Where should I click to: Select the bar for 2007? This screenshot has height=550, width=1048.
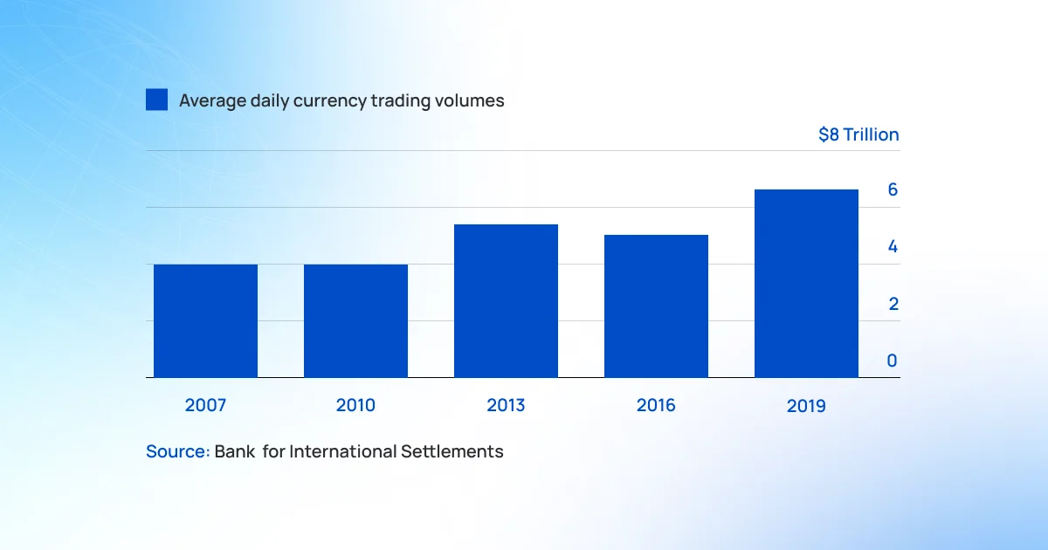[x=205, y=321]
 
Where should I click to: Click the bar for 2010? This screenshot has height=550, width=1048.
[x=355, y=321]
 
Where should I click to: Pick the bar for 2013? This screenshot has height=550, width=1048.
[x=506, y=300]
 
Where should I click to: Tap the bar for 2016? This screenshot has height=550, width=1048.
[x=656, y=306]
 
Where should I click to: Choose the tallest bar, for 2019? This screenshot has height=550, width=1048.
[x=806, y=284]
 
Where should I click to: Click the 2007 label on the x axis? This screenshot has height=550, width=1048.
[x=205, y=405]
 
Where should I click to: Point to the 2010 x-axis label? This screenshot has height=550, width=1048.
[x=355, y=405]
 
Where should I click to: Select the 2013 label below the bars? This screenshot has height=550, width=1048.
[x=506, y=405]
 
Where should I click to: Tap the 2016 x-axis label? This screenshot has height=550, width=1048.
[x=656, y=405]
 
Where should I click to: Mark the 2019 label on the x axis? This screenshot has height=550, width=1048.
[x=806, y=405]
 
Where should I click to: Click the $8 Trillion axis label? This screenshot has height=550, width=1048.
[x=858, y=134]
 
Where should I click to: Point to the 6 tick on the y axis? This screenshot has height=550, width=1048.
[x=893, y=189]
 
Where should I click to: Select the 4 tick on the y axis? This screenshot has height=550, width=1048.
[x=893, y=246]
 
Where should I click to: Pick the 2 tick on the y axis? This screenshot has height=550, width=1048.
[x=893, y=304]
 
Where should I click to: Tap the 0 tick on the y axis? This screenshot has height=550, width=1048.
[x=893, y=361]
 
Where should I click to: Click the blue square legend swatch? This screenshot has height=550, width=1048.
[x=156, y=100]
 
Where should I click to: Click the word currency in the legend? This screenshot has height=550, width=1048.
[x=330, y=101]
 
